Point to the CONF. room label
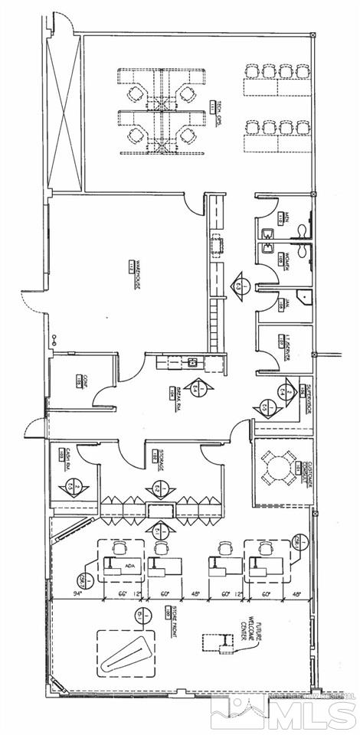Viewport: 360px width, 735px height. [79, 381]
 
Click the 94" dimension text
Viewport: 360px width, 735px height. [77, 593]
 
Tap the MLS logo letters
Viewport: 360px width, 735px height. [314, 711]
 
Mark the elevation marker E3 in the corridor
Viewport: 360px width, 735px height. [241, 284]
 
